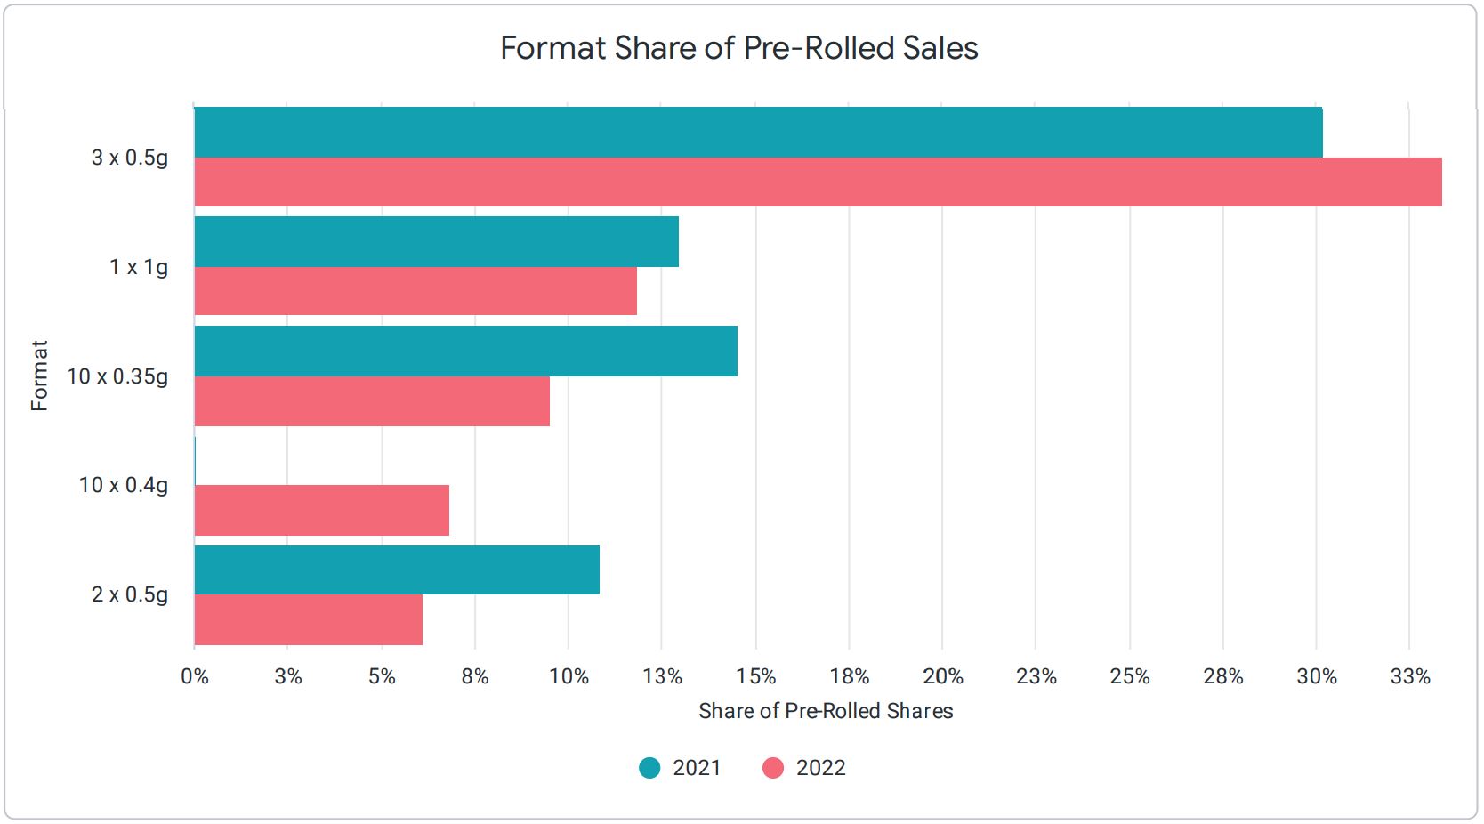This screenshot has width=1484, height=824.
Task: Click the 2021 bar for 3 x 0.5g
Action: pos(758,133)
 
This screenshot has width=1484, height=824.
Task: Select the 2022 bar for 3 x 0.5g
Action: pos(818,182)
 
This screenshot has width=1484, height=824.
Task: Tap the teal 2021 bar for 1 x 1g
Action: pos(436,242)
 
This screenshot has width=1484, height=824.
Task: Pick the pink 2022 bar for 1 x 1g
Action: pos(415,291)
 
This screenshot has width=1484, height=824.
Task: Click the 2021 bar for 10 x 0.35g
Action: pos(465,351)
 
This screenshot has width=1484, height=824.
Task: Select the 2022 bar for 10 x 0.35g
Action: pos(372,401)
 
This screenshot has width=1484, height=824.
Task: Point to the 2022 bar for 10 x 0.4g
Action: pos(321,510)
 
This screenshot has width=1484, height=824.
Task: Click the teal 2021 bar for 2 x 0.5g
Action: pos(397,570)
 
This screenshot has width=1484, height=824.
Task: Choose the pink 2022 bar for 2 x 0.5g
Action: pos(308,619)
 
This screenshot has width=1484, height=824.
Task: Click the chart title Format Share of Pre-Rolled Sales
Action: pos(738,48)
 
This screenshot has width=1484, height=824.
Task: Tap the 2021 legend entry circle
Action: pos(649,768)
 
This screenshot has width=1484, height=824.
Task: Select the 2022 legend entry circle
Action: pos(773,768)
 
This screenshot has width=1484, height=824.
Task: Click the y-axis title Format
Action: pos(39,376)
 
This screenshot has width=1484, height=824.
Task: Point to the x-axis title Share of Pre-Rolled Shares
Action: pos(826,711)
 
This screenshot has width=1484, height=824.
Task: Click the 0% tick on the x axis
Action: pos(195,677)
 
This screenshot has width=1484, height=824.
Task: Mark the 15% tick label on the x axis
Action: pos(755,677)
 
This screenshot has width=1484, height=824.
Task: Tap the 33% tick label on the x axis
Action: pos(1410,677)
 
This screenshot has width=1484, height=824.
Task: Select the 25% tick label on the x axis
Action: pos(1130,677)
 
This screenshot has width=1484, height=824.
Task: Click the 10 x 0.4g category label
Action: pos(124,485)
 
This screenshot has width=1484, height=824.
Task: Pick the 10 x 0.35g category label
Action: pos(117,376)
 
